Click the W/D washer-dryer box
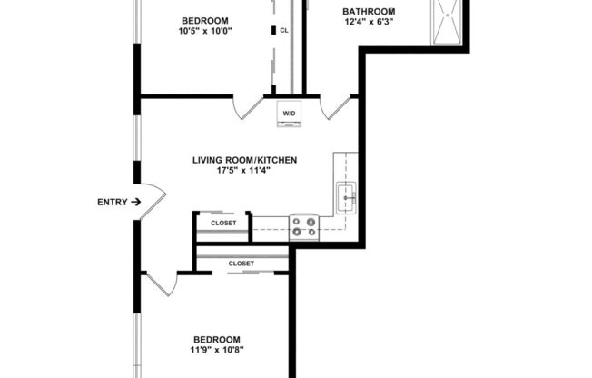click(x=289, y=114)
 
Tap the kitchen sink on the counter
click(x=347, y=195)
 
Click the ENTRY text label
click(x=112, y=202)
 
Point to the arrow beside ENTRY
click(x=135, y=202)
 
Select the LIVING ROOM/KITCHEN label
click(x=244, y=160)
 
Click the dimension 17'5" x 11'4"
click(x=244, y=172)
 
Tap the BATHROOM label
click(x=368, y=12)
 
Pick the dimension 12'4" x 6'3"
click(x=368, y=24)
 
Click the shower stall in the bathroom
click(x=449, y=23)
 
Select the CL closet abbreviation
click(x=284, y=30)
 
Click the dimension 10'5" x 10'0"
click(x=205, y=32)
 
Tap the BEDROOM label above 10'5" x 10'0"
click(x=205, y=20)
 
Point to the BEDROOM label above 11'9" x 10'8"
click(x=217, y=338)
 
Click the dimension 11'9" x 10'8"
click(x=217, y=350)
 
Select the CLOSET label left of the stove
click(x=223, y=223)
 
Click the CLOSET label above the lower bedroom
click(x=242, y=264)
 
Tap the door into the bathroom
click(x=340, y=107)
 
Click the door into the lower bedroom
click(x=161, y=283)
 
